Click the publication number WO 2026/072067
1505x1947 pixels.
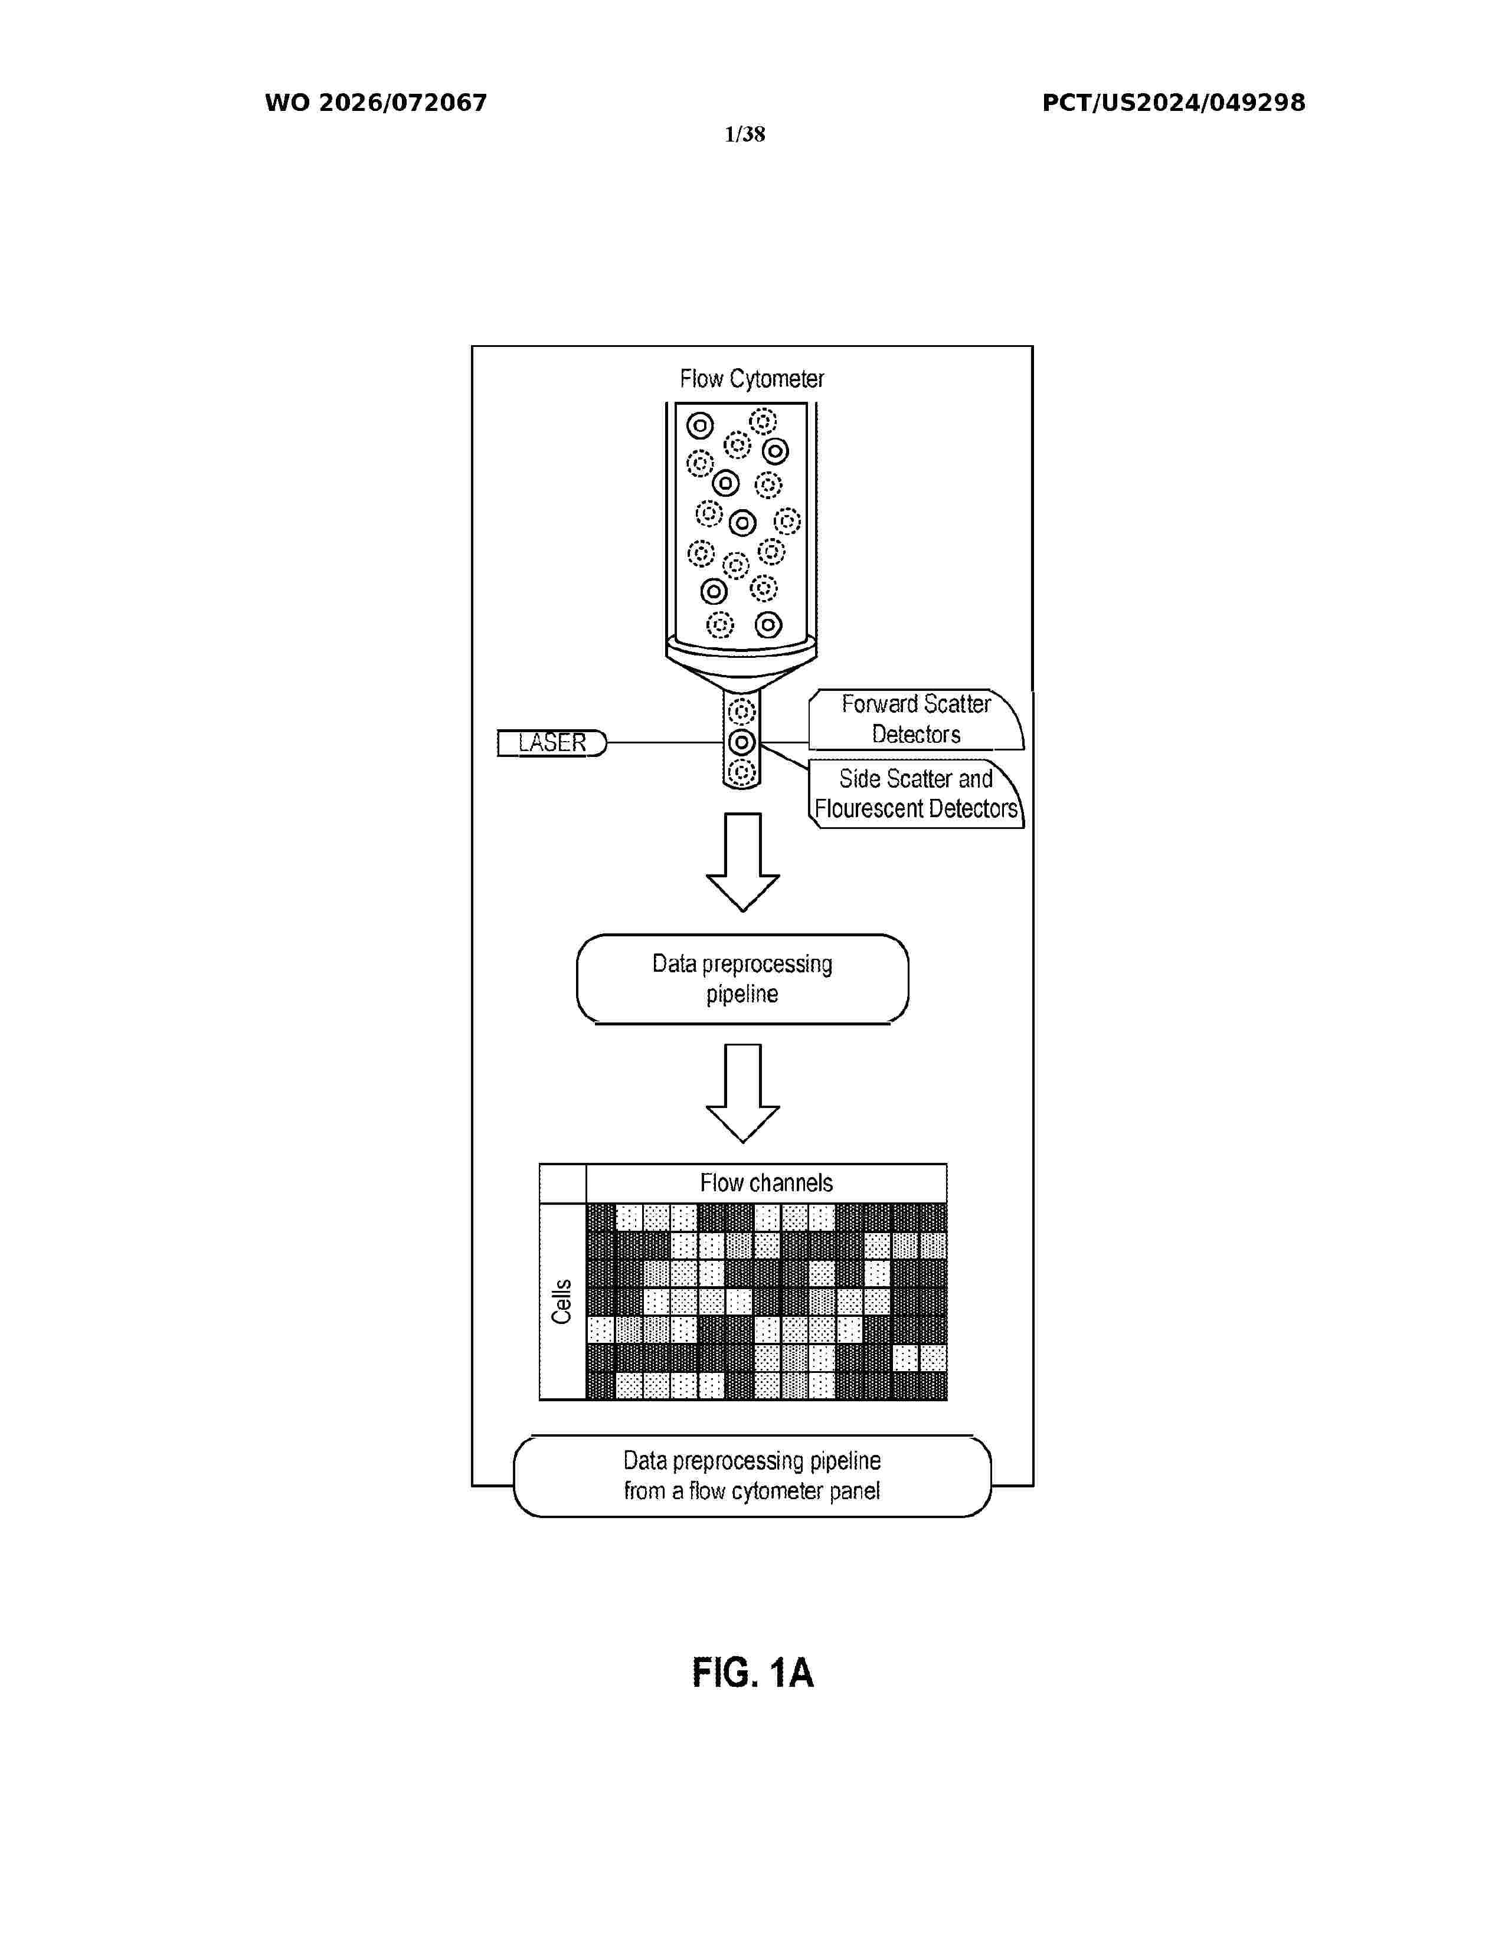(375, 103)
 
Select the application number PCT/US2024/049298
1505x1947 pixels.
(1173, 103)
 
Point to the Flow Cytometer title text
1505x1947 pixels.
(751, 379)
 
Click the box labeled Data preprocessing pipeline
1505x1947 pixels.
(742, 979)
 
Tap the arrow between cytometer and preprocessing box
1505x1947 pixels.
(742, 862)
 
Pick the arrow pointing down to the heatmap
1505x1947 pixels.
(742, 1093)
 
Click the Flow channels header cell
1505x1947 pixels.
(766, 1183)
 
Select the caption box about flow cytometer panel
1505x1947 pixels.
(752, 1476)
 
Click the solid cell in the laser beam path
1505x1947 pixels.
(742, 742)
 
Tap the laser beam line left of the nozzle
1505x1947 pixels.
(664, 743)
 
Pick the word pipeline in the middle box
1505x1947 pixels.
(742, 994)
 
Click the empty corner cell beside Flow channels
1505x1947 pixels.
(562, 1183)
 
